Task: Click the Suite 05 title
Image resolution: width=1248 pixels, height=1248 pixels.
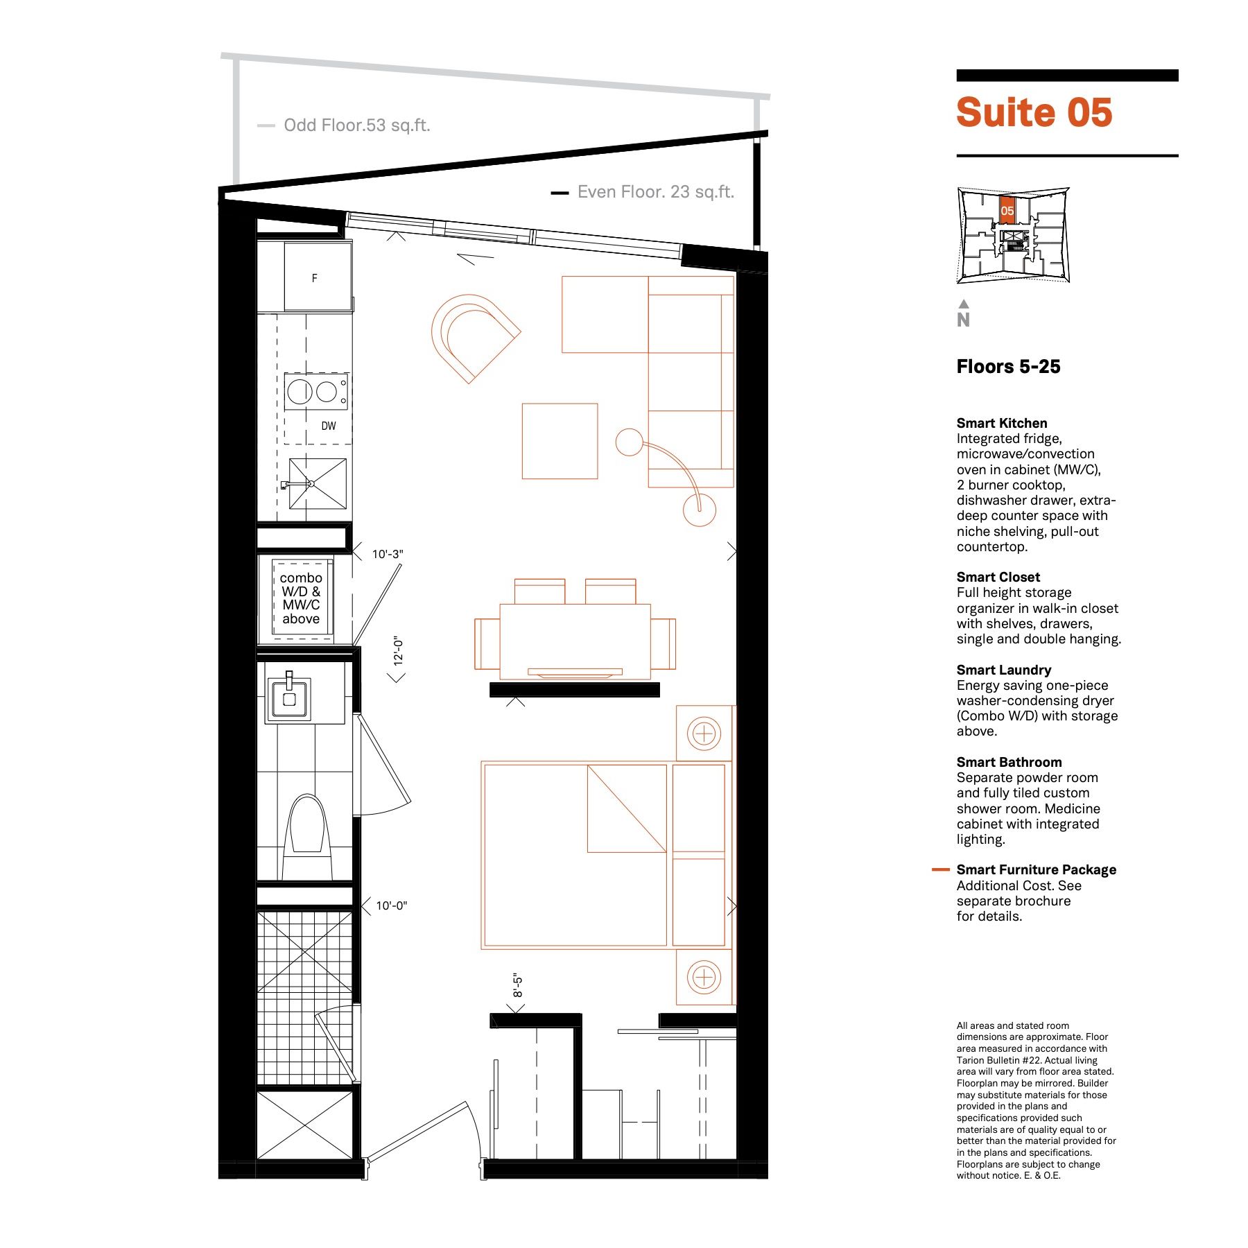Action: [1034, 112]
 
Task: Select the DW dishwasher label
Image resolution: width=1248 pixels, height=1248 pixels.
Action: [329, 426]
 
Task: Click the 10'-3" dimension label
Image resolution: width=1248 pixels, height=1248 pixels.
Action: [388, 554]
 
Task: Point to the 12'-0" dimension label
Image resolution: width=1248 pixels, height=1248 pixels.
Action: [399, 651]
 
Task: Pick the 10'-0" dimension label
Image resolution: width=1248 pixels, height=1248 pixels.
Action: [392, 905]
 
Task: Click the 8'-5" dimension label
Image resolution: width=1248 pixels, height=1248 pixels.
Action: [517, 986]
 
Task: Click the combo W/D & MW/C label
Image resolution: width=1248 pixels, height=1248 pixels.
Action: [301, 598]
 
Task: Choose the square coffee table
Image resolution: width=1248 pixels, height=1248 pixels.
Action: [560, 441]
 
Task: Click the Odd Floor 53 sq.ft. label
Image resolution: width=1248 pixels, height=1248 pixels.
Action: [357, 125]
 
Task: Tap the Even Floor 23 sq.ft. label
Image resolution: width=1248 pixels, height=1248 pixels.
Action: [656, 192]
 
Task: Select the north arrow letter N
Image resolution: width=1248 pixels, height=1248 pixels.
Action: [963, 320]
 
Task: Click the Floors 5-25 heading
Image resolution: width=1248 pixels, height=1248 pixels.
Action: [1008, 367]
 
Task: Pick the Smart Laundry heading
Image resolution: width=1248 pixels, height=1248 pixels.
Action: [1004, 670]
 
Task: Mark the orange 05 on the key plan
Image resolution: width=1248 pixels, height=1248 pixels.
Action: [1007, 211]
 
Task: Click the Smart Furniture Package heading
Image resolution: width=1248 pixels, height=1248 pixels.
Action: [1037, 869]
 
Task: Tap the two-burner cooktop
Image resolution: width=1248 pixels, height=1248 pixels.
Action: [315, 392]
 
